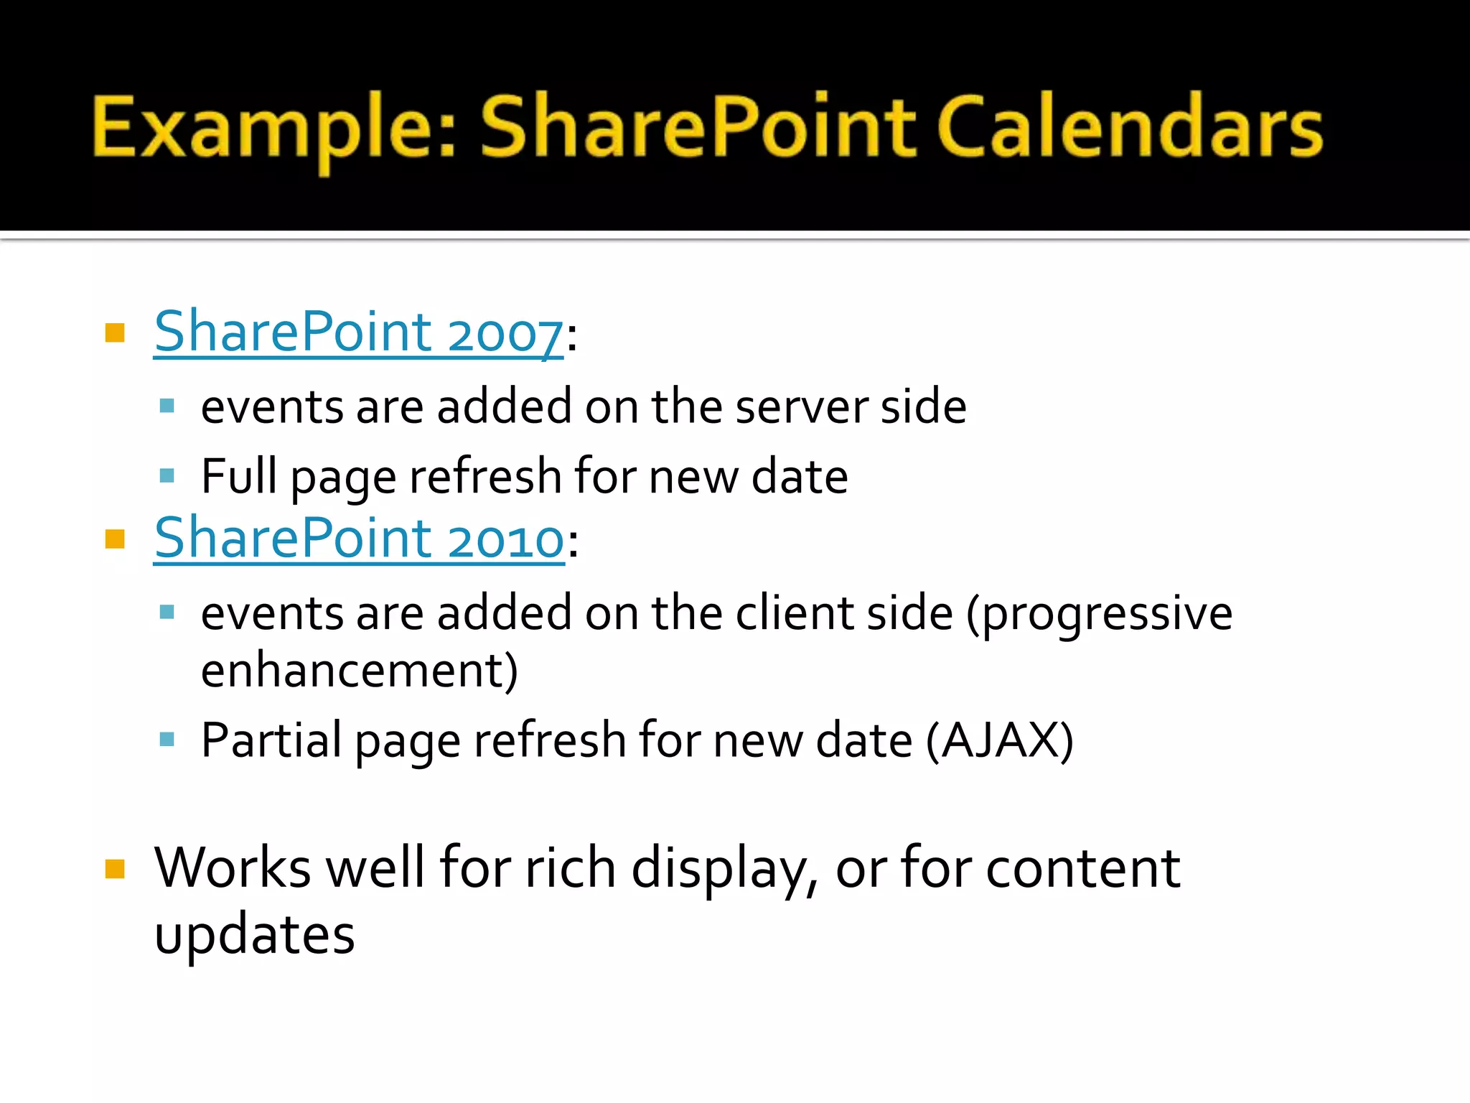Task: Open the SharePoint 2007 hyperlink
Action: point(358,332)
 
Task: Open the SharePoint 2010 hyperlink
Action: point(359,539)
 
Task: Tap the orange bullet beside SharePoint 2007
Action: point(115,333)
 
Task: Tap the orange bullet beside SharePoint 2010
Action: point(115,539)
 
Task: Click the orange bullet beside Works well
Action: point(115,869)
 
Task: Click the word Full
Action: point(238,476)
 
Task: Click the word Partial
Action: point(271,740)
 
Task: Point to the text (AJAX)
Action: point(999,740)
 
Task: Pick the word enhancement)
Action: point(359,671)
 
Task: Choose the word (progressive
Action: point(1099,615)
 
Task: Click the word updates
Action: point(254,936)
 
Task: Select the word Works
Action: point(232,869)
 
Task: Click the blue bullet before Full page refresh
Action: point(167,476)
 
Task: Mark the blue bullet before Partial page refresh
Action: point(167,740)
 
